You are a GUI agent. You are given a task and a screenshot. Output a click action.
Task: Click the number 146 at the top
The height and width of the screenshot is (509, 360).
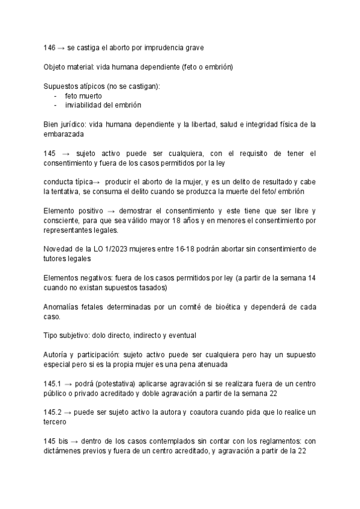pyautogui.click(x=50, y=47)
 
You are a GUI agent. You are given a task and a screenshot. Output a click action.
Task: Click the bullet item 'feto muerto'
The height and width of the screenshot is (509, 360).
pyautogui.click(x=83, y=95)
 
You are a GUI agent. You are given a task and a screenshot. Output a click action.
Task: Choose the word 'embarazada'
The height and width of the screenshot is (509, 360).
pyautogui.click(x=63, y=135)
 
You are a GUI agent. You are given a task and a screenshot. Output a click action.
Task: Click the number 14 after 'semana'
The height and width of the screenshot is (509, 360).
pyautogui.click(x=311, y=278)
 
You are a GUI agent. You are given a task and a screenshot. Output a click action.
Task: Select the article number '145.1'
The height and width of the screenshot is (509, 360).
pyautogui.click(x=53, y=384)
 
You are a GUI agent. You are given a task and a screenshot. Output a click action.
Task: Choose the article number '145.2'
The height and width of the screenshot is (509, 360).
pyautogui.click(x=53, y=412)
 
